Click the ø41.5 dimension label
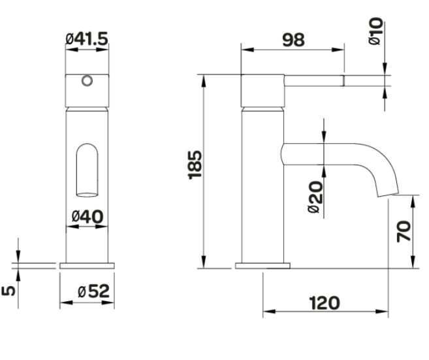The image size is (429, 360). [87, 39]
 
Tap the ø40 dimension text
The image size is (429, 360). [87, 216]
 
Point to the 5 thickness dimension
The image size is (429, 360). [9, 289]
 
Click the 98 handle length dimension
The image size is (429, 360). [294, 39]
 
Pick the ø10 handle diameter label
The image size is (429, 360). [375, 31]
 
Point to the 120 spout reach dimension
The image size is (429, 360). [325, 303]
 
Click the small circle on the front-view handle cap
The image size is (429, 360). [87, 81]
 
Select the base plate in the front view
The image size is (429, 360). [87, 266]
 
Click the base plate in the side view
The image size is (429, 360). [262, 266]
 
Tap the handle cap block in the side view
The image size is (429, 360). [262, 90]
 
